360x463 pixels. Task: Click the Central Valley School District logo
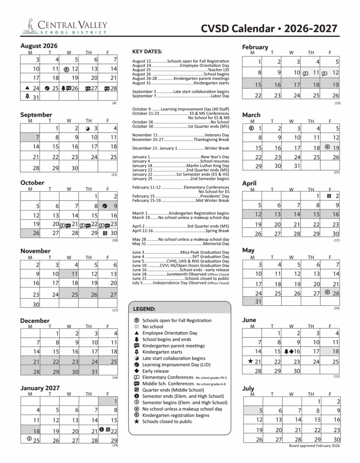click(63, 26)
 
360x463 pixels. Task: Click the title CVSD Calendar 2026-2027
click(270, 29)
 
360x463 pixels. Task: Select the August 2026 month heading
click(39, 46)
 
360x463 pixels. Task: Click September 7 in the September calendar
click(30, 137)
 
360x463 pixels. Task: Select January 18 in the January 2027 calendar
click(30, 431)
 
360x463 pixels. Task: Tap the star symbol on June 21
click(250, 361)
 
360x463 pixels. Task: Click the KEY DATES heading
click(147, 52)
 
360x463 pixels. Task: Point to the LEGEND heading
click(144, 309)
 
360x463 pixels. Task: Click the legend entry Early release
click(155, 371)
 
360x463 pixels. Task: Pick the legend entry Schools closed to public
click(167, 421)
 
